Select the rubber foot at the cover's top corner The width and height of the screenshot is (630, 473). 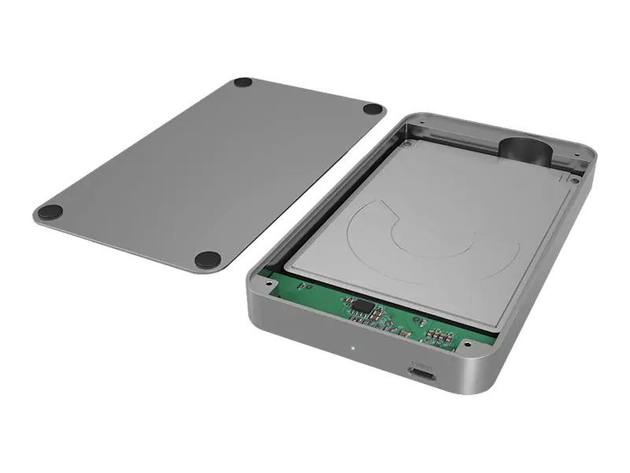point(243,82)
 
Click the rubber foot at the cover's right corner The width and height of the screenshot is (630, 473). point(374,110)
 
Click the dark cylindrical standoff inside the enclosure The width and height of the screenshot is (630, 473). point(522,149)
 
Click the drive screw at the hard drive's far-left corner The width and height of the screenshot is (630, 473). point(406,143)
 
